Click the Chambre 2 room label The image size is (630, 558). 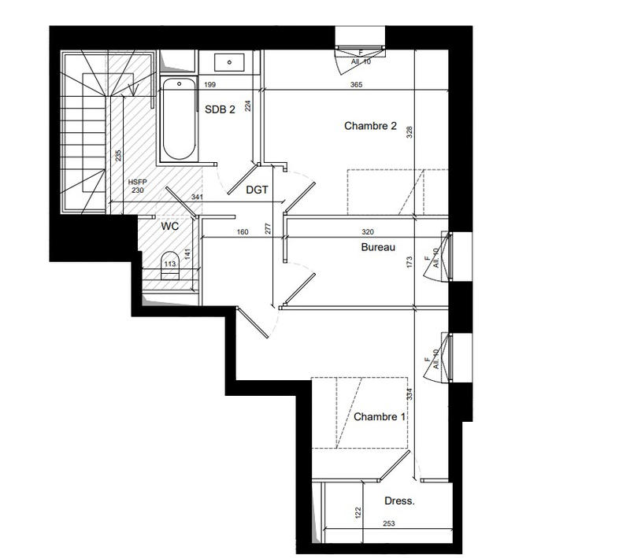tap(370, 126)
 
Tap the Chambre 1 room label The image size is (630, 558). tap(379, 416)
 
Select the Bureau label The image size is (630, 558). tap(377, 247)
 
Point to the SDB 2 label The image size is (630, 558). tap(220, 110)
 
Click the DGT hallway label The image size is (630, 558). tap(258, 189)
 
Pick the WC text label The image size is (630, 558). tap(170, 226)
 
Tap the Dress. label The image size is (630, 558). tap(399, 501)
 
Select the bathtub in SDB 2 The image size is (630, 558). tap(177, 119)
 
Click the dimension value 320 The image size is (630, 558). tap(368, 232)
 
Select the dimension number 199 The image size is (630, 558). tap(209, 85)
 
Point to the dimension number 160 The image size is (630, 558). tap(243, 232)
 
